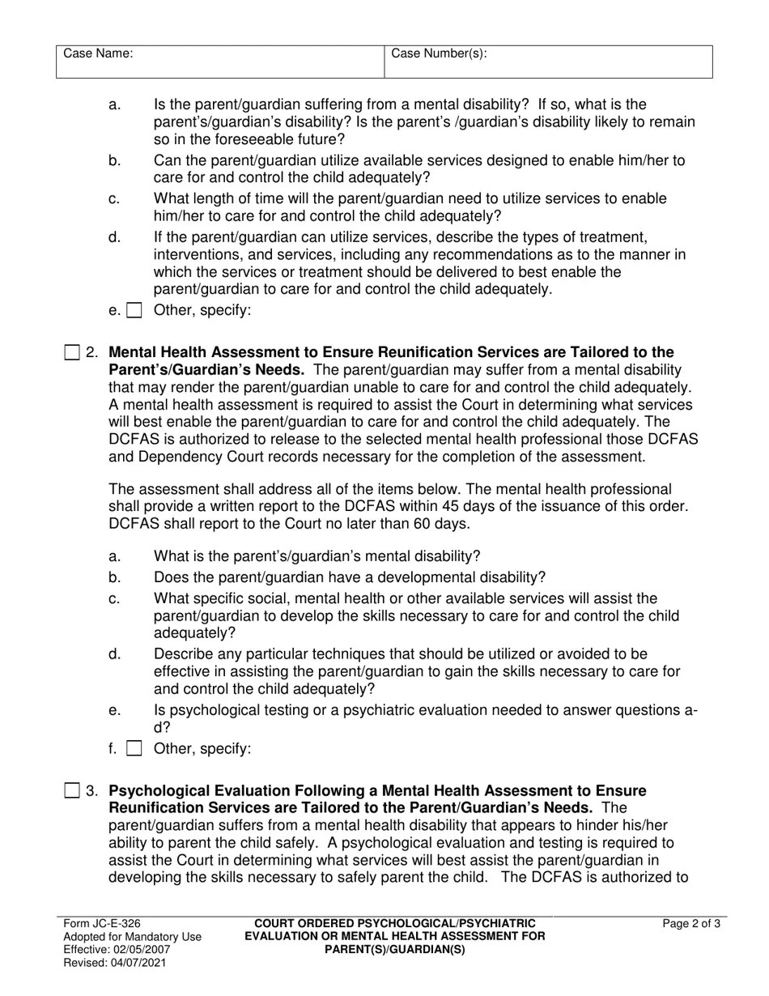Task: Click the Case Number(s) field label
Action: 439,54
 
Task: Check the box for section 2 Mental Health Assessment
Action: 72,352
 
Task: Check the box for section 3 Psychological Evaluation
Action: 72,790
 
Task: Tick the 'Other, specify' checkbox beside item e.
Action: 134,310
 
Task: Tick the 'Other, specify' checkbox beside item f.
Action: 134,748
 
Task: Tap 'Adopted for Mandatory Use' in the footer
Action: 132,936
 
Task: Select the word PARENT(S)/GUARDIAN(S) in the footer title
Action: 395,949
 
